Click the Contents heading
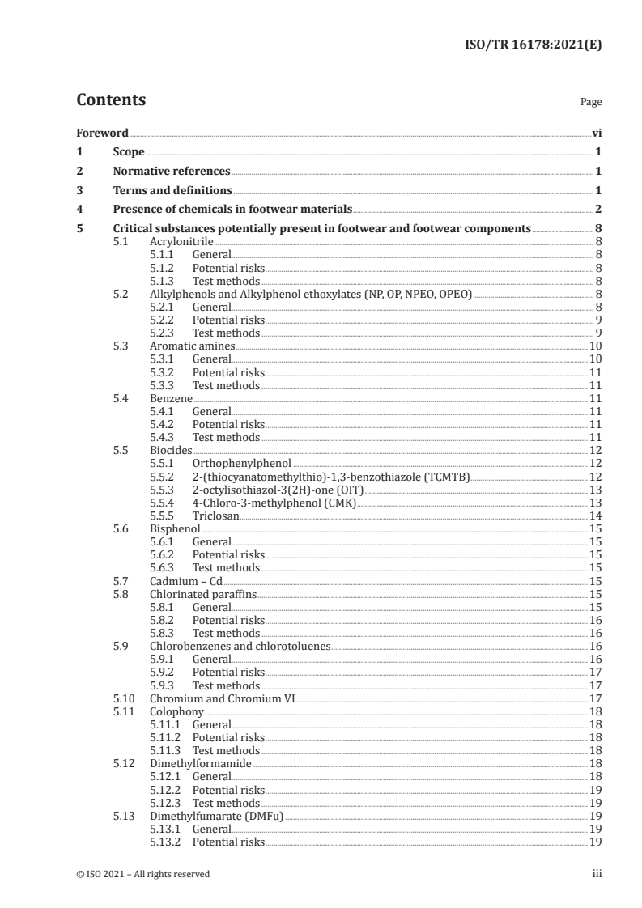coord(111,100)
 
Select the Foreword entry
coord(102,133)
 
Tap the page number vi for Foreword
coord(596,133)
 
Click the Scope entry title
coord(129,152)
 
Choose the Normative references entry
coord(172,172)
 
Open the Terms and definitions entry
coord(172,191)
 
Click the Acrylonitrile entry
coord(179,241)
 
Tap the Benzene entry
coord(171,398)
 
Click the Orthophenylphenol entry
coord(242,463)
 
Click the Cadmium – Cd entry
coord(185,581)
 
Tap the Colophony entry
coord(176,711)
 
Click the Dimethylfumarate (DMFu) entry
coord(217,816)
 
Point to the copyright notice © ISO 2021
coord(142,874)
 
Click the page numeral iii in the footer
coord(597,874)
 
